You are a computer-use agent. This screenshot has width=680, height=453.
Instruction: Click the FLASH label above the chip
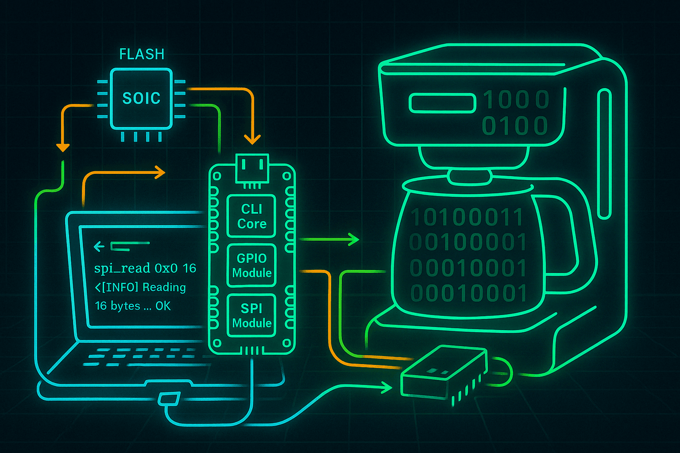(142, 54)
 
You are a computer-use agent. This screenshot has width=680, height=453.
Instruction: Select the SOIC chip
(141, 98)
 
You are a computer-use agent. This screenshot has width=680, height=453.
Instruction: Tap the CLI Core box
(251, 216)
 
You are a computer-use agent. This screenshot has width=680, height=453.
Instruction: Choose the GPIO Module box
(251, 265)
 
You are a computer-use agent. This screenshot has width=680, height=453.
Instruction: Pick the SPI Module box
(251, 315)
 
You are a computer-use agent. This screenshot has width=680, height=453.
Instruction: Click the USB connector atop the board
(252, 169)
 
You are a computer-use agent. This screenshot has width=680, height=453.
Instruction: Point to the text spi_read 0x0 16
(145, 268)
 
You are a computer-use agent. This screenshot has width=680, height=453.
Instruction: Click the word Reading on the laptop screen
(164, 287)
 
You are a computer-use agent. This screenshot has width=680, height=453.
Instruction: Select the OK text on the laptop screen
(163, 306)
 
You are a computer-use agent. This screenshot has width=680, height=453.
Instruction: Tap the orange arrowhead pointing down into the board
(252, 139)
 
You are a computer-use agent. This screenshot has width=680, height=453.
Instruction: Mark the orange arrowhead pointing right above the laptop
(159, 173)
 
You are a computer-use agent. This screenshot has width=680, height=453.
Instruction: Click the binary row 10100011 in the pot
(467, 217)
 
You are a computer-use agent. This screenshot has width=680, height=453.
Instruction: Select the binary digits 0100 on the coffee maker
(515, 126)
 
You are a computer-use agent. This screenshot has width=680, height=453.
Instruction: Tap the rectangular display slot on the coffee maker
(442, 103)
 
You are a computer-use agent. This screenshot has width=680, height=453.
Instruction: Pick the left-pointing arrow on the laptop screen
(99, 246)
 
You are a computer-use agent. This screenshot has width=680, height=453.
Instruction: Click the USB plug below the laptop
(169, 399)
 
